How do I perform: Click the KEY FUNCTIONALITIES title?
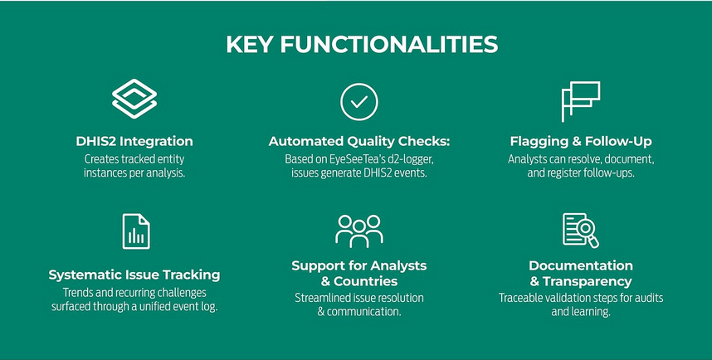pos(362,45)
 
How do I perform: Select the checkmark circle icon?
pos(359,102)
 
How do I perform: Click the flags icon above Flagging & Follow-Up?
pos(580,102)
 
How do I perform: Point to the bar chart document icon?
pos(136,231)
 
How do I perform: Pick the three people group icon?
pos(359,231)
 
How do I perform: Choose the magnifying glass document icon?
pos(581,231)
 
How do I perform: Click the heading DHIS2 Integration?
pos(134,141)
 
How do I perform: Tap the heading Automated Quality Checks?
pos(359,141)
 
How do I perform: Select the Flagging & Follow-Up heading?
pos(581,141)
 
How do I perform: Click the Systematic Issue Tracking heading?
pos(134,275)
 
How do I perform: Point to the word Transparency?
pos(588,281)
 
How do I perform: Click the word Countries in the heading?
pos(365,281)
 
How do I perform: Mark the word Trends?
pos(77,293)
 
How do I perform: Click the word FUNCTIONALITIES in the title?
pos(389,45)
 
